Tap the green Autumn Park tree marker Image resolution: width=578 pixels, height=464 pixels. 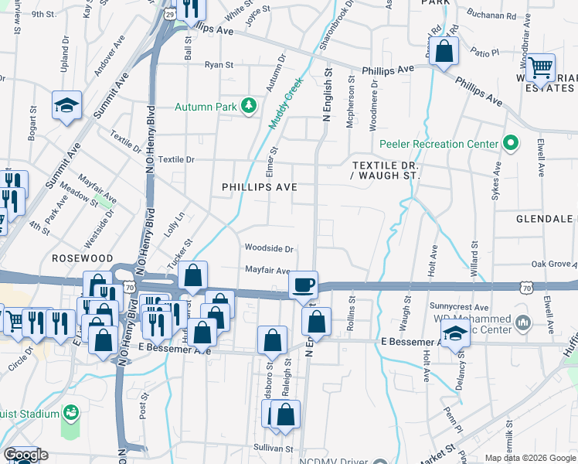pyautogui.click(x=248, y=105)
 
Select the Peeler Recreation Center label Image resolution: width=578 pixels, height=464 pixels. pyautogui.click(x=439, y=144)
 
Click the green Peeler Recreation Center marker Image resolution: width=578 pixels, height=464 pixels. pyautogui.click(x=510, y=143)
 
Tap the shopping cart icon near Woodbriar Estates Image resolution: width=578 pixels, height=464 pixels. pyautogui.click(x=539, y=67)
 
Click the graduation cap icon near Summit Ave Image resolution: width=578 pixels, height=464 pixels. pyautogui.click(x=67, y=104)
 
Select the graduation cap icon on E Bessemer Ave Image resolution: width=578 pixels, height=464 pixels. pyautogui.click(x=455, y=334)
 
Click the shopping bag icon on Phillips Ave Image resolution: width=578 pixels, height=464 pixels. pyautogui.click(x=444, y=52)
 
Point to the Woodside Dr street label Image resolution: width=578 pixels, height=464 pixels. pyautogui.click(x=269, y=249)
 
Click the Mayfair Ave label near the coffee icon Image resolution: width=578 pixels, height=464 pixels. pyautogui.click(x=267, y=271)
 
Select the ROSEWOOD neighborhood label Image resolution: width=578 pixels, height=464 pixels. pyautogui.click(x=83, y=258)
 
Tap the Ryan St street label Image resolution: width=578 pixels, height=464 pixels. pyautogui.click(x=219, y=65)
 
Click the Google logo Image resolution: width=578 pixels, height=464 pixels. pyautogui.click(x=25, y=455)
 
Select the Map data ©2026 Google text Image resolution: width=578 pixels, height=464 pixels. pyautogui.click(x=529, y=458)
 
